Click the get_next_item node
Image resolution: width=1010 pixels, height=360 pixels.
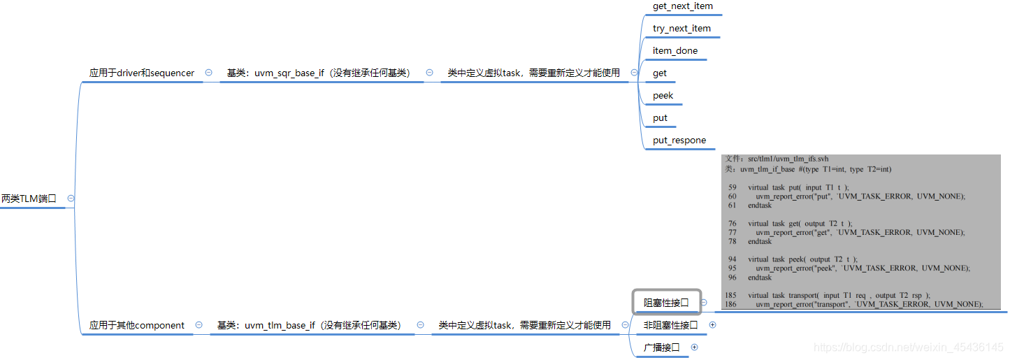click(x=682, y=6)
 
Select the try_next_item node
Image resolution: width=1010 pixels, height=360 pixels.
click(x=681, y=29)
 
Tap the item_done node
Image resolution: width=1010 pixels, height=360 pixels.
click(x=674, y=51)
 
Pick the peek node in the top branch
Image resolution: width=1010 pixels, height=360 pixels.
click(x=663, y=96)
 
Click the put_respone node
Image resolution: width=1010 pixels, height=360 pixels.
click(x=679, y=141)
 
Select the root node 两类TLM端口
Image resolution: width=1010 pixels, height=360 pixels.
click(x=29, y=199)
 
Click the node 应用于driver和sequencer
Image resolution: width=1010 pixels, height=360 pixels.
click(x=142, y=73)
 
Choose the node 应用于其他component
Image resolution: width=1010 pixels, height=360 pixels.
click(x=137, y=325)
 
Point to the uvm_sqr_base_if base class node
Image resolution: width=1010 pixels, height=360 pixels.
click(x=318, y=73)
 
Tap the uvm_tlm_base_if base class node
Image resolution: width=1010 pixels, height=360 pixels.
click(x=308, y=325)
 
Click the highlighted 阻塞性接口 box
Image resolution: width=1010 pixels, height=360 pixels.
click(x=666, y=303)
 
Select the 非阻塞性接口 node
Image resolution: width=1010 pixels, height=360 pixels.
click(x=670, y=325)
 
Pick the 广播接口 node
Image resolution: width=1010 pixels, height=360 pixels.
click(x=661, y=347)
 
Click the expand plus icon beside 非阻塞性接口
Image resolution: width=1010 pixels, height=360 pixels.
click(x=712, y=325)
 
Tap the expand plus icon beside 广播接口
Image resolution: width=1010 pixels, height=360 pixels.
click(x=694, y=347)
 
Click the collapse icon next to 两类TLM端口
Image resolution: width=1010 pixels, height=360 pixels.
click(x=71, y=199)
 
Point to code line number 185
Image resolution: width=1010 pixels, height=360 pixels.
click(x=730, y=295)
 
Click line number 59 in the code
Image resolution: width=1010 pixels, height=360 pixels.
click(x=732, y=187)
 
